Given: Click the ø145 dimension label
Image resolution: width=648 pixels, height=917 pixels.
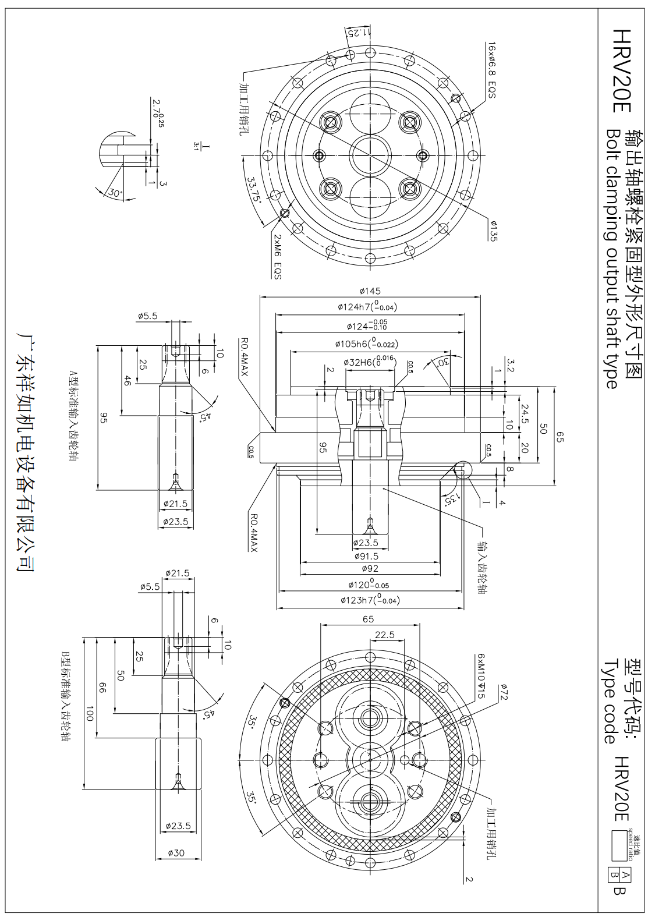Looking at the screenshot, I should (370, 291).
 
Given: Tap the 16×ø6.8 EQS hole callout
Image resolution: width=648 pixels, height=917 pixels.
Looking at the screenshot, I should (492, 70).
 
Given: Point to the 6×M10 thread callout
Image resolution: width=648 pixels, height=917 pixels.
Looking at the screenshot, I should (481, 675).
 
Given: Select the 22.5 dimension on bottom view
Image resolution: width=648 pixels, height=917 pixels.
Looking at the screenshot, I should (384, 635).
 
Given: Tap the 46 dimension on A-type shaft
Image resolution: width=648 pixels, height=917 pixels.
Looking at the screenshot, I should (128, 381).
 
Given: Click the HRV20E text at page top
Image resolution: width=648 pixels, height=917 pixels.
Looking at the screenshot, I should (622, 72).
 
